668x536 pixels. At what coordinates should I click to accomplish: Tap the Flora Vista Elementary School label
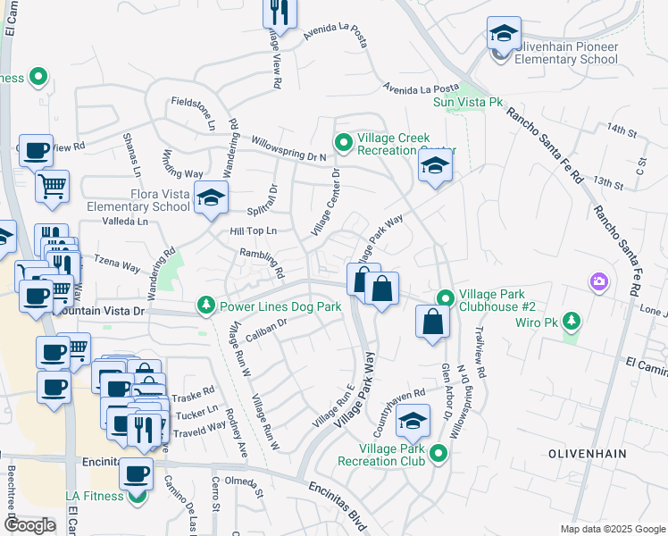[138, 199]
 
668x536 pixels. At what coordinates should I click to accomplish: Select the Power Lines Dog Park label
[281, 306]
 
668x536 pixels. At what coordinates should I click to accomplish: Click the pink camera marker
[598, 282]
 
